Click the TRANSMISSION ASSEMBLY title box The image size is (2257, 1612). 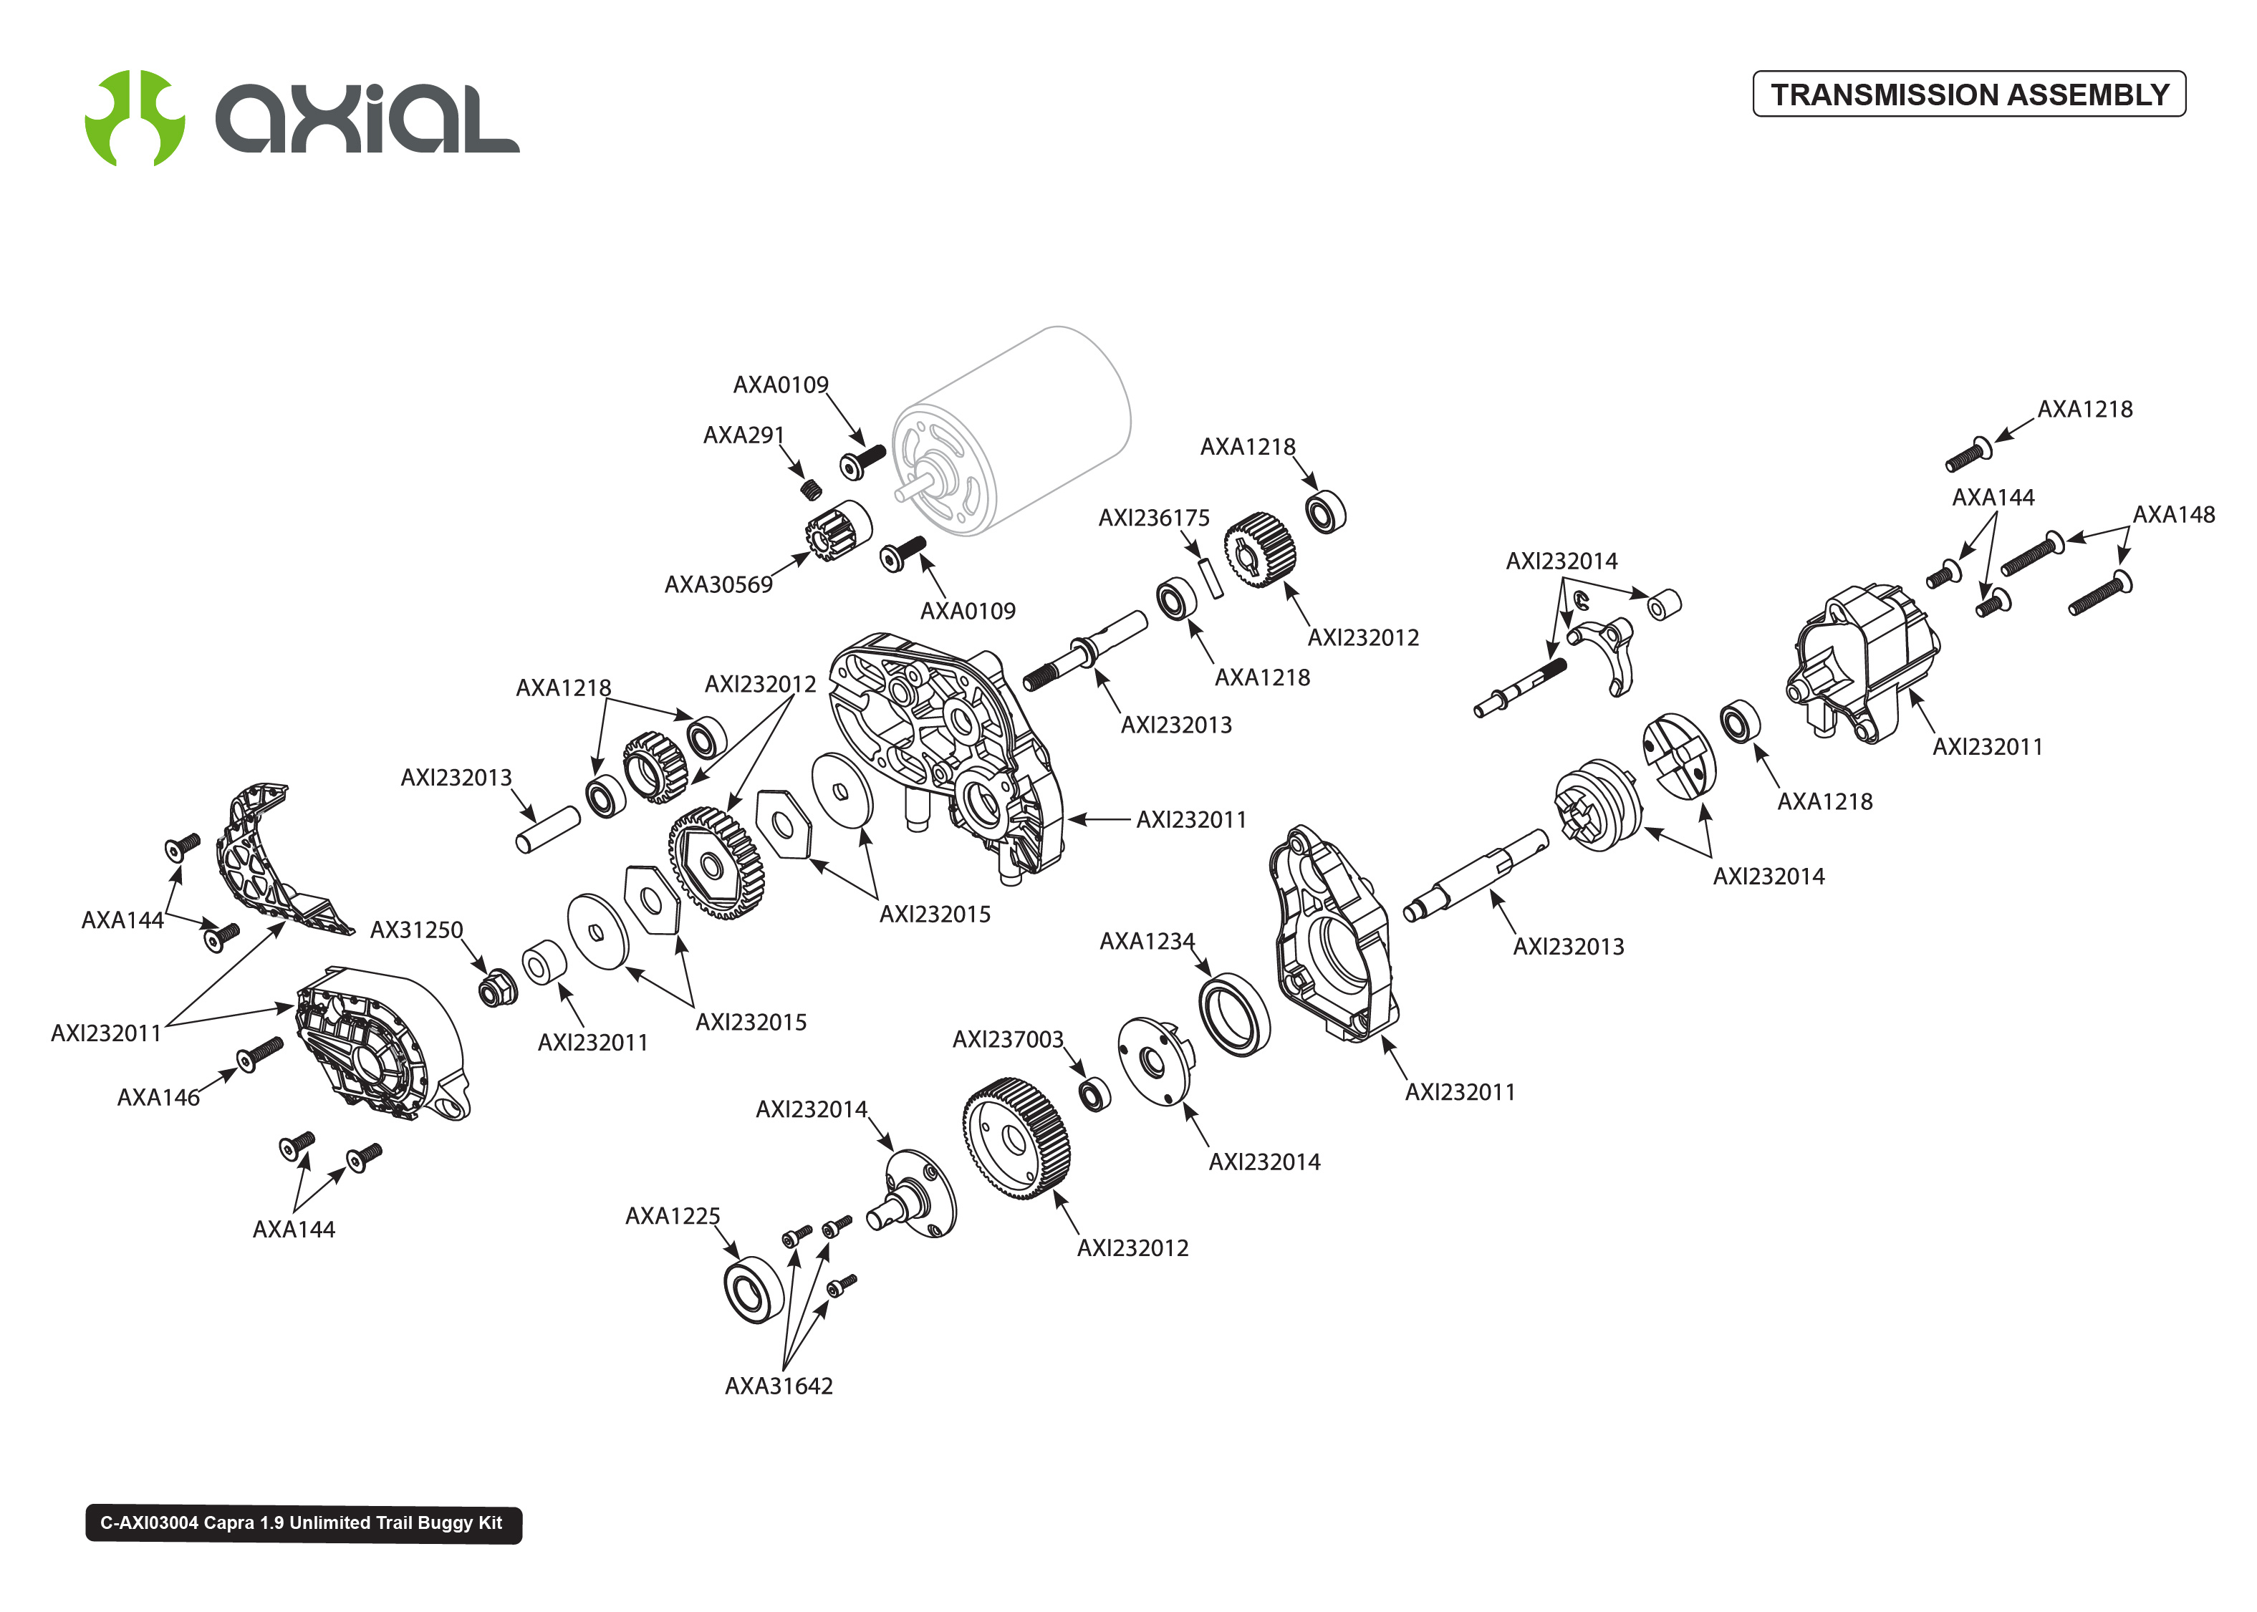1968,95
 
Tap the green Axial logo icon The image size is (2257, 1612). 134,118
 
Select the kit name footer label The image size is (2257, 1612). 303,1522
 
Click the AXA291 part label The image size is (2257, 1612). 743,435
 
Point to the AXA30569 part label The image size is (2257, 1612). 718,584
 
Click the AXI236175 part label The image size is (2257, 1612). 1153,518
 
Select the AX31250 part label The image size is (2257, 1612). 416,930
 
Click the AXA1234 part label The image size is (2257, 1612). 1146,941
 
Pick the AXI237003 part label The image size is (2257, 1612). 1007,1039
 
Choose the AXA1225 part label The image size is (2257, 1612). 672,1216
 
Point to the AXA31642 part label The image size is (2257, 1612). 778,1386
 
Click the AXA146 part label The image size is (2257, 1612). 158,1097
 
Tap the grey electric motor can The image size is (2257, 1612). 1022,427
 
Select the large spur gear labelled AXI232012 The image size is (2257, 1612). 1016,1139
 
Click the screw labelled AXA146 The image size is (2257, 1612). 260,1053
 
